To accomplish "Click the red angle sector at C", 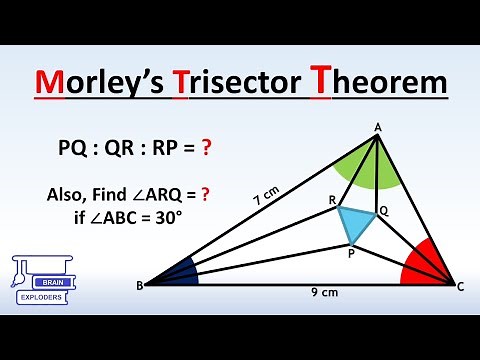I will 426,265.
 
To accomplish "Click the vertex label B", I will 140,285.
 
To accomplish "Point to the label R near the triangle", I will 332,199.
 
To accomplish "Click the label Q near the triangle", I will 383,212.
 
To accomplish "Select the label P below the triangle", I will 351,253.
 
